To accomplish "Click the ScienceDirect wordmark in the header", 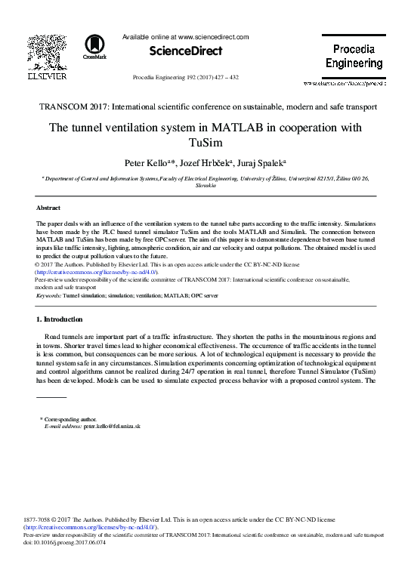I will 186,51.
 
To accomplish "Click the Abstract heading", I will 49,207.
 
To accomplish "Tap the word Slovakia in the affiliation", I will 205,185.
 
